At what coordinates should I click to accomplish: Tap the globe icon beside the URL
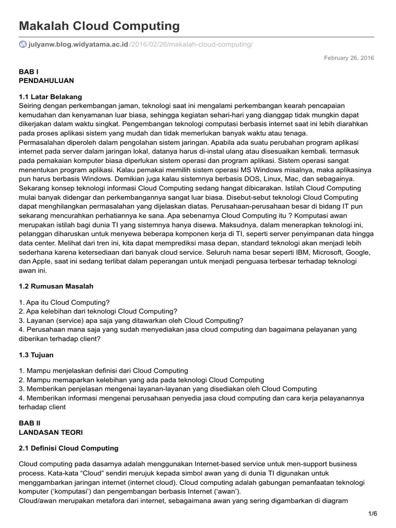[22, 45]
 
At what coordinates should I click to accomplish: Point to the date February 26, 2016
[349, 58]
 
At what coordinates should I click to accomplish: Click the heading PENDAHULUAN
[46, 80]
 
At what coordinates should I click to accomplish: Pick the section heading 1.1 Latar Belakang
[50, 96]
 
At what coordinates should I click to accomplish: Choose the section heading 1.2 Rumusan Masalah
[56, 286]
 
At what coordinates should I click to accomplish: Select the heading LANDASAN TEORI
[50, 432]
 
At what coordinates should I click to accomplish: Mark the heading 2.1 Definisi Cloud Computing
[68, 448]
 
